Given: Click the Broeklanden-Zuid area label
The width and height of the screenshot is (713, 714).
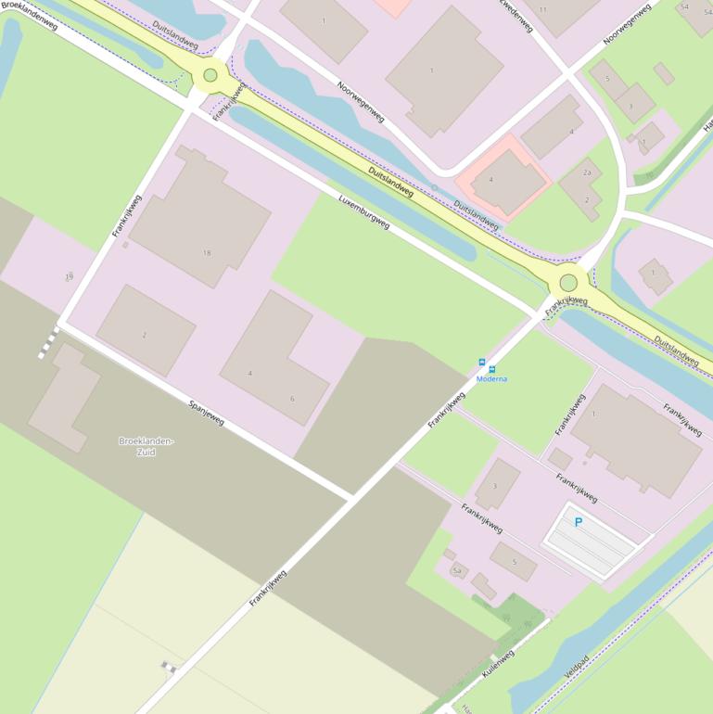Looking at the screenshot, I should coord(146,446).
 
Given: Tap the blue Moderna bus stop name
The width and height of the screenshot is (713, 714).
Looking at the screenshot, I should coord(491,379).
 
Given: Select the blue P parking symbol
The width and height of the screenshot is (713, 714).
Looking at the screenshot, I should coord(579,523).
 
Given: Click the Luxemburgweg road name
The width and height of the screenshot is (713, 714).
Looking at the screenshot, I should coord(363,212).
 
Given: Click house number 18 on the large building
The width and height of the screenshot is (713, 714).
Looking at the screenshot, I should coord(207,252).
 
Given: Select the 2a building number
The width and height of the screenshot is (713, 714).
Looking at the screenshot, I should coord(587,172).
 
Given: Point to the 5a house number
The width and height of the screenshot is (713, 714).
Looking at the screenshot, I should coord(457,571).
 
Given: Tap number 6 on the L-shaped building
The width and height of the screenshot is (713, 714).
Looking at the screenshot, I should coord(292,399).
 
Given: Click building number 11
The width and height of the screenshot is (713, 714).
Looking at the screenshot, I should coord(542,9).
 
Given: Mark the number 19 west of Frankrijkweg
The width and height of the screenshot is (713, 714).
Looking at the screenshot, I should coord(69,277).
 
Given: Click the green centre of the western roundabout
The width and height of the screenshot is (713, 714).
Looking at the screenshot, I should coord(210,75).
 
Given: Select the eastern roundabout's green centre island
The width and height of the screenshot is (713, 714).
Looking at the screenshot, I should coord(568,283).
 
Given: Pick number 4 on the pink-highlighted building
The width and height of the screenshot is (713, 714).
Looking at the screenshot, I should coord(490,180).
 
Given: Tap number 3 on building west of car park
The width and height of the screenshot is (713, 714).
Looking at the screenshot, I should coord(494,486).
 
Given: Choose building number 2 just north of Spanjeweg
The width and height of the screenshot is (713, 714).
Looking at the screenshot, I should coord(144,335).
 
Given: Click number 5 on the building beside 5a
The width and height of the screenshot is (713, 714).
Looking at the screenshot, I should coord(514,562).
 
